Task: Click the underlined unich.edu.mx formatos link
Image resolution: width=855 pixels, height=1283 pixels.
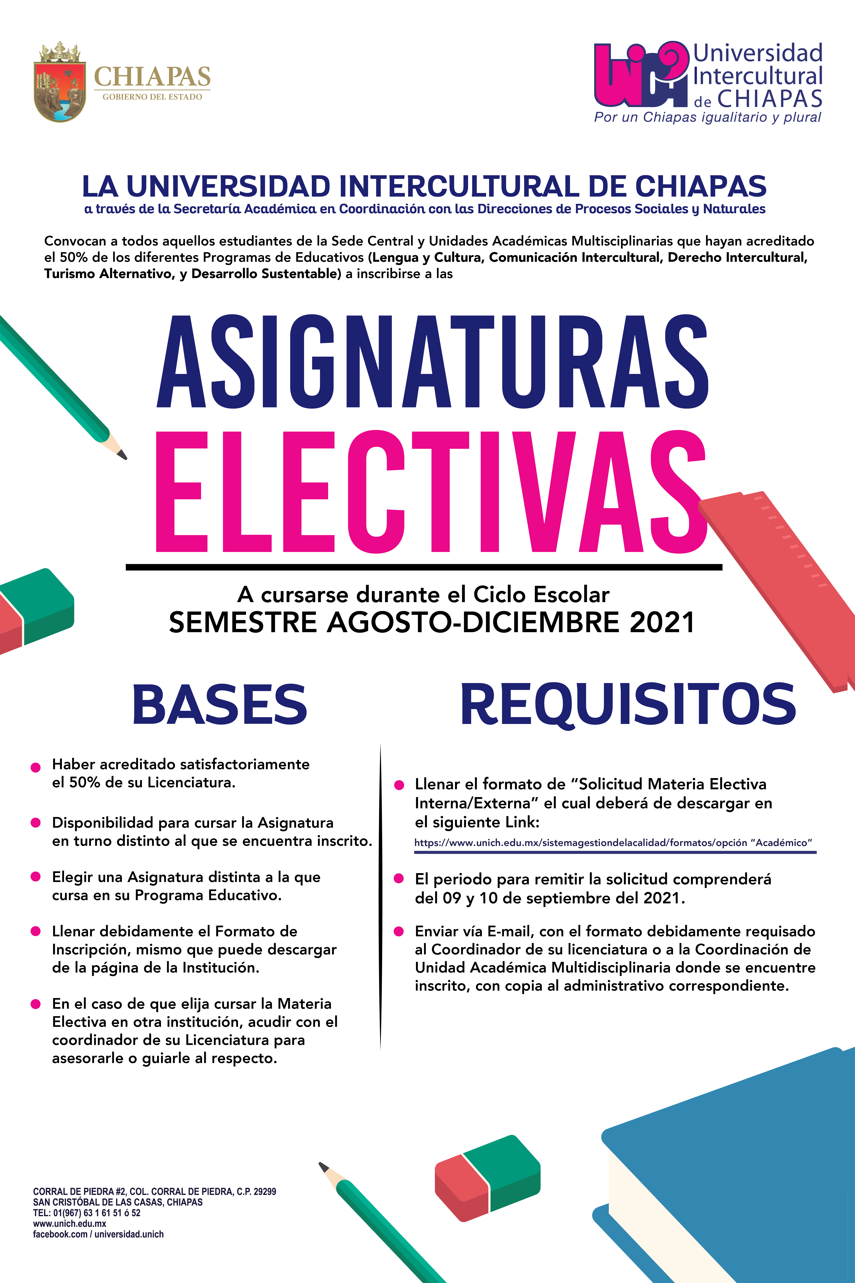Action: click(613, 843)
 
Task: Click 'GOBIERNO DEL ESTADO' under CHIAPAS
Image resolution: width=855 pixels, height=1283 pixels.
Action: click(152, 97)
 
